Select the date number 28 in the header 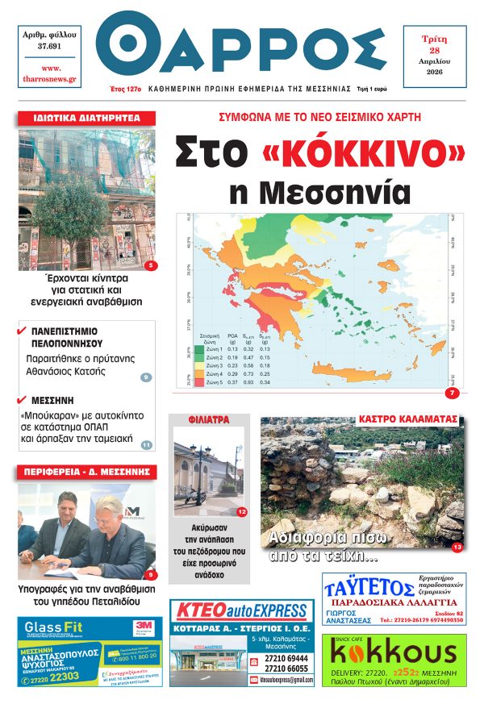coord(434,49)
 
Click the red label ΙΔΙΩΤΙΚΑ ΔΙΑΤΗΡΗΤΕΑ coord(86,119)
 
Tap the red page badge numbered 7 coord(451,393)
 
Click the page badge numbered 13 coord(457,548)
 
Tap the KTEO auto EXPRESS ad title coord(243,610)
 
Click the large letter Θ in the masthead coord(130,48)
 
